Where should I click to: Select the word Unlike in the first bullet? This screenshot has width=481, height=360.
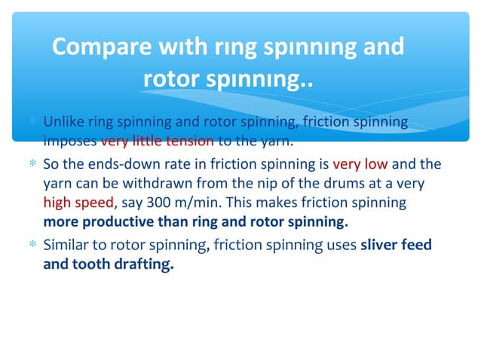coord(63,122)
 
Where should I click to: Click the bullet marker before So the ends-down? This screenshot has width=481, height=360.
coord(32,164)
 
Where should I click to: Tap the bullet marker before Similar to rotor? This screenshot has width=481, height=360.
coord(32,246)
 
